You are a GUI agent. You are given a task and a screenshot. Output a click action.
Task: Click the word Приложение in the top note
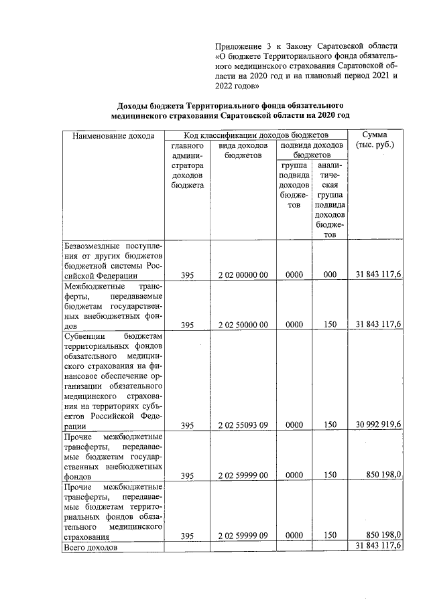[x=237, y=46]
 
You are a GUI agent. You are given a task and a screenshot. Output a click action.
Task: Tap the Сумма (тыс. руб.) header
[x=375, y=140]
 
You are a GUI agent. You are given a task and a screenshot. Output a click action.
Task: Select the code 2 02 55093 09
[x=243, y=425]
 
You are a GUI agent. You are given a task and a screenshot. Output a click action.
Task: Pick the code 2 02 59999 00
[x=243, y=475]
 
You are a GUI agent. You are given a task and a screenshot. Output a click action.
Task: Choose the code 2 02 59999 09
[x=243, y=535]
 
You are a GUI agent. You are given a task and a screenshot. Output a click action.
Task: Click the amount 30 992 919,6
[x=379, y=425]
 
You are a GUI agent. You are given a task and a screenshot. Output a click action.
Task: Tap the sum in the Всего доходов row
[x=379, y=546]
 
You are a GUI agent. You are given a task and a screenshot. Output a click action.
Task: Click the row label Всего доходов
[x=90, y=547]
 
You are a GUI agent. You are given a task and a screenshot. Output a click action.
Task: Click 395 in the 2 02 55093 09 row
[x=187, y=425]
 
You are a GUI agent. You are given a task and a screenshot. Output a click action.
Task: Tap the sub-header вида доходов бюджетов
[x=243, y=150]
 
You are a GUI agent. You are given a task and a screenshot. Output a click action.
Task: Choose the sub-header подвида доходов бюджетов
[x=312, y=150]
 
